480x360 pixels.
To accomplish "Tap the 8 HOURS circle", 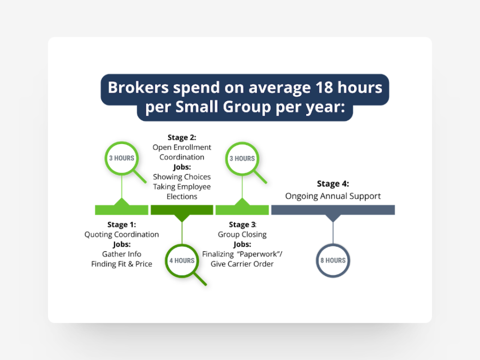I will pyautogui.click(x=333, y=260).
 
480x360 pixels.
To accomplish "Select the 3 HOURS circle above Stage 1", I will pyautogui.click(x=121, y=158).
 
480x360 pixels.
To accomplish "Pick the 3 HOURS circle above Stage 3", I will pyautogui.click(x=242, y=158).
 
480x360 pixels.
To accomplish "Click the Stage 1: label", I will pyautogui.click(x=122, y=225).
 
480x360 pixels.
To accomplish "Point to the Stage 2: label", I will pyautogui.click(x=182, y=137).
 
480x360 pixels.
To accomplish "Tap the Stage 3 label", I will pyautogui.click(x=242, y=225).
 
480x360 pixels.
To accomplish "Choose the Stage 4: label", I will pyautogui.click(x=333, y=184).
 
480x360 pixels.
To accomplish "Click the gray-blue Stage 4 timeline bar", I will pyautogui.click(x=333, y=210).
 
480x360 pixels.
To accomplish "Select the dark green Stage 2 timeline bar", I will pyautogui.click(x=182, y=210).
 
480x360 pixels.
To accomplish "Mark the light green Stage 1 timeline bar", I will pyautogui.click(x=122, y=210).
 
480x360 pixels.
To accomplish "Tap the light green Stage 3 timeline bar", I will pyautogui.click(x=242, y=210).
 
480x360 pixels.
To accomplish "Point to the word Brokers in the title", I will pyautogui.click(x=134, y=87).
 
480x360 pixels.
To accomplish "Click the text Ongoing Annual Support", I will pyautogui.click(x=333, y=196).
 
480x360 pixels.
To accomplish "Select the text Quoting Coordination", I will pyautogui.click(x=122, y=235).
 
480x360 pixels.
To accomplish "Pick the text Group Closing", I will pyautogui.click(x=242, y=235).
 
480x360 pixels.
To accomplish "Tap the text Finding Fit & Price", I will pyautogui.click(x=122, y=264).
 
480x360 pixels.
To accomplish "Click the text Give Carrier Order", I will pyautogui.click(x=242, y=264).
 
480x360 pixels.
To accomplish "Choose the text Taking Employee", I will pyautogui.click(x=182, y=187).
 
